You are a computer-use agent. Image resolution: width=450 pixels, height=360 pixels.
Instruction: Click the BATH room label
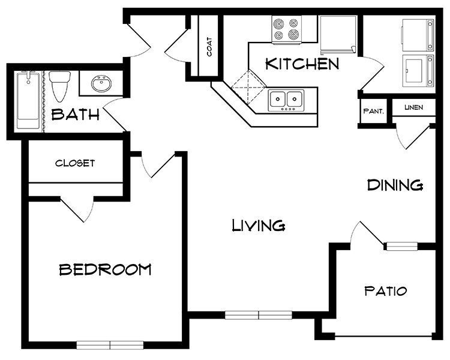(76, 115)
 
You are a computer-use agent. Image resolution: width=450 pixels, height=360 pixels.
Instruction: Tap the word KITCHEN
(302, 64)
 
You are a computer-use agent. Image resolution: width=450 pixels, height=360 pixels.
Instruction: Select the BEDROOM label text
(105, 269)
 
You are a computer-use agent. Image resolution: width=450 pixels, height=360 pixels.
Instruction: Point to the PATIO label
(386, 292)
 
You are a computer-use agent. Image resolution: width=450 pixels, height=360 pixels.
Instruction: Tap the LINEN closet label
(413, 107)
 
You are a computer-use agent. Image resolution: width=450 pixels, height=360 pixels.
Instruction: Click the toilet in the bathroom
(60, 87)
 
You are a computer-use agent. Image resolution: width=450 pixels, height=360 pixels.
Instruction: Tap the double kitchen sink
(286, 100)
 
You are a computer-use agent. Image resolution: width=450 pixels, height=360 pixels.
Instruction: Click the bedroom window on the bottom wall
(110, 344)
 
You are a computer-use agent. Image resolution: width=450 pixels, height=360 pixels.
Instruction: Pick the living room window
(258, 314)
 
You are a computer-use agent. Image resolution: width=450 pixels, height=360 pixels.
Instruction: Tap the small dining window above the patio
(401, 245)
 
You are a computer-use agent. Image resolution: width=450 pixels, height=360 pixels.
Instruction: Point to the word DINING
(395, 185)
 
